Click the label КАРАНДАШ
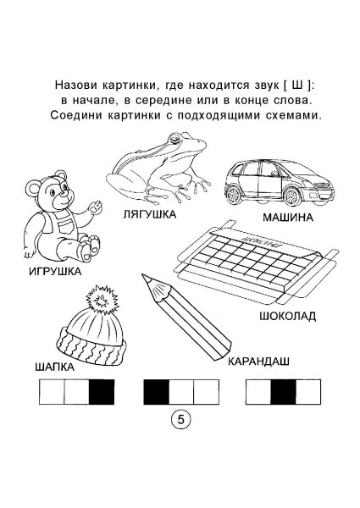258,361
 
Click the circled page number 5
180,420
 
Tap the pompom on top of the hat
100,299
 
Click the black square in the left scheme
102,392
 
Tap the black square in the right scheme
283,392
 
